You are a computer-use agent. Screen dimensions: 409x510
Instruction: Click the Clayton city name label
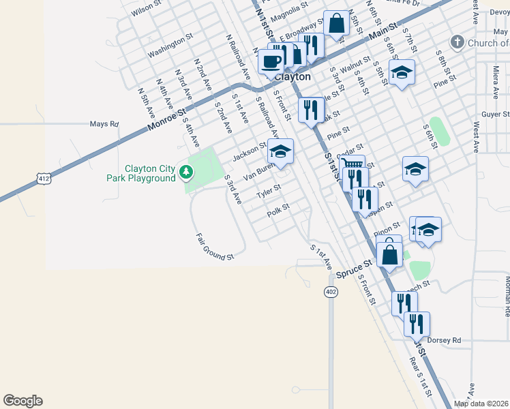pos(293,77)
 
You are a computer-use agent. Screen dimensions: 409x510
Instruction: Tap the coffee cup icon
pos(271,61)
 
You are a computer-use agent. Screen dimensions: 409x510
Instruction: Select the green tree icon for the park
pos(185,173)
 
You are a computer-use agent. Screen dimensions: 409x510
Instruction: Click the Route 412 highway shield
pos(44,179)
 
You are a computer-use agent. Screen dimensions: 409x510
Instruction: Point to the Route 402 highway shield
pos(331,292)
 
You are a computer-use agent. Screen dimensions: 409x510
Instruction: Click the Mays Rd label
pos(104,124)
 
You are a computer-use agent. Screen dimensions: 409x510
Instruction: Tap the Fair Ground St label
pos(215,247)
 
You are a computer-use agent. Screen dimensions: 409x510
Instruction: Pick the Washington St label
pos(166,46)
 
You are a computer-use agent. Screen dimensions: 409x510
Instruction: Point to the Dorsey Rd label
pos(444,340)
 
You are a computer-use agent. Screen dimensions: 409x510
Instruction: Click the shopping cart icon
pos(352,166)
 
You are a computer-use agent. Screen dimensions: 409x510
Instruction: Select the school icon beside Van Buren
pos(280,151)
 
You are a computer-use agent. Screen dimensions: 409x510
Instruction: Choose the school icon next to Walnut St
pos(402,72)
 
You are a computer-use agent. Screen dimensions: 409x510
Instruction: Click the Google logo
pos(22,401)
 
